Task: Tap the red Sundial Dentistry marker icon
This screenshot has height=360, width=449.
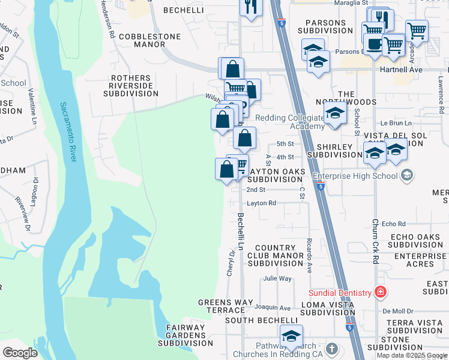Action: (379, 292)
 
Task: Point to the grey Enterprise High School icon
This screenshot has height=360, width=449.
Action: (407, 175)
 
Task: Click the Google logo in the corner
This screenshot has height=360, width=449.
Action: (20, 353)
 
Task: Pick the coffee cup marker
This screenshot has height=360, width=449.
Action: (374, 44)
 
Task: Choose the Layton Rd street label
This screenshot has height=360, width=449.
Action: (261, 203)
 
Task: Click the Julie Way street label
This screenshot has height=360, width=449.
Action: (277, 279)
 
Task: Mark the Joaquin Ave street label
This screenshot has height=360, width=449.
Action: (272, 307)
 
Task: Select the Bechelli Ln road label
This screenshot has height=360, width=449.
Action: (240, 231)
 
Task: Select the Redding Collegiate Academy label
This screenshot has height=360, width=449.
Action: (290, 122)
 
